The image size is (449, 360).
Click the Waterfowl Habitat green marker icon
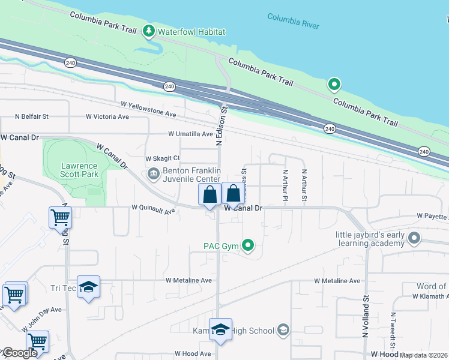[x=149, y=31]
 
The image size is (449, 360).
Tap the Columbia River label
[x=294, y=21]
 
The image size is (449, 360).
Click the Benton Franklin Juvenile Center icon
[x=152, y=175]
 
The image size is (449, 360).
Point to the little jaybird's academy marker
[x=414, y=239]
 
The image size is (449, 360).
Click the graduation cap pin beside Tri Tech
[x=88, y=287]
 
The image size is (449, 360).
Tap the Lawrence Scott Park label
[x=79, y=170]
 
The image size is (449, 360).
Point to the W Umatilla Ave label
[x=190, y=134]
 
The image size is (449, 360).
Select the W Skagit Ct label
[x=163, y=158]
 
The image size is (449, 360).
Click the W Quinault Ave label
[x=153, y=210]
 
